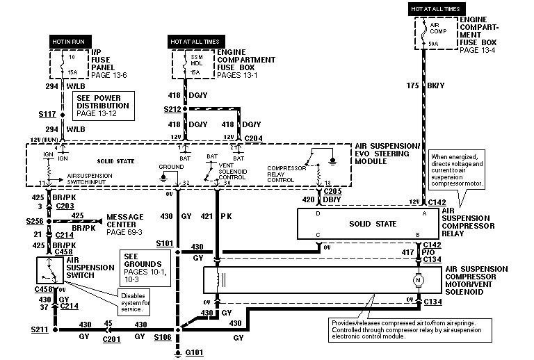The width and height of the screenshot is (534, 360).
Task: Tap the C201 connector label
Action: [x=111, y=340]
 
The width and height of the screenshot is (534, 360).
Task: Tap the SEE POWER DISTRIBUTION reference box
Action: [x=101, y=104]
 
